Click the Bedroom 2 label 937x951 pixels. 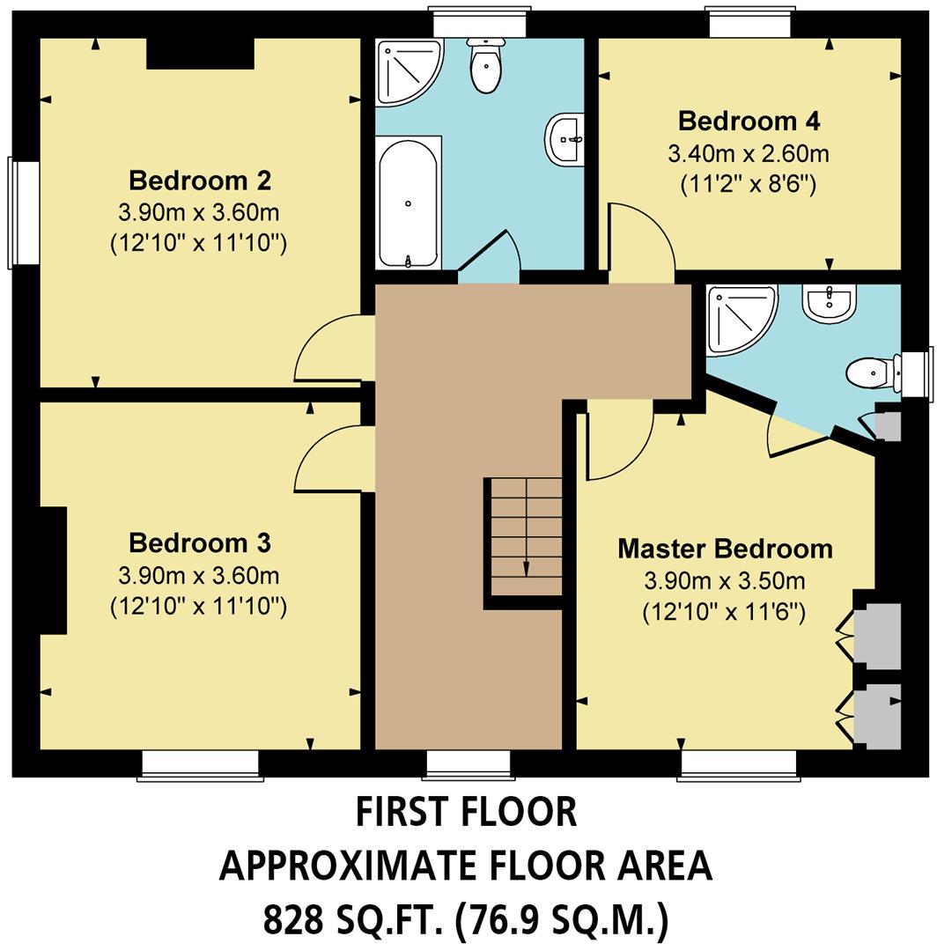(x=200, y=181)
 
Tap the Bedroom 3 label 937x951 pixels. (x=200, y=542)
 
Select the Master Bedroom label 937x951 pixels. (x=725, y=549)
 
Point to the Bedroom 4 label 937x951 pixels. (x=749, y=120)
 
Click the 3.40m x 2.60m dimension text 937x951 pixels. (x=749, y=154)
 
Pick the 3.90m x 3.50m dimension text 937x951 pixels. (x=725, y=582)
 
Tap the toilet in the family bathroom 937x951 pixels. (x=485, y=66)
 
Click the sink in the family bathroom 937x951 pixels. (x=565, y=139)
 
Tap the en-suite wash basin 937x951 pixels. (x=828, y=304)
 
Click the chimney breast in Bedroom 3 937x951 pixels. (x=53, y=570)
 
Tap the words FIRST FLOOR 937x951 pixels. (x=466, y=811)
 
